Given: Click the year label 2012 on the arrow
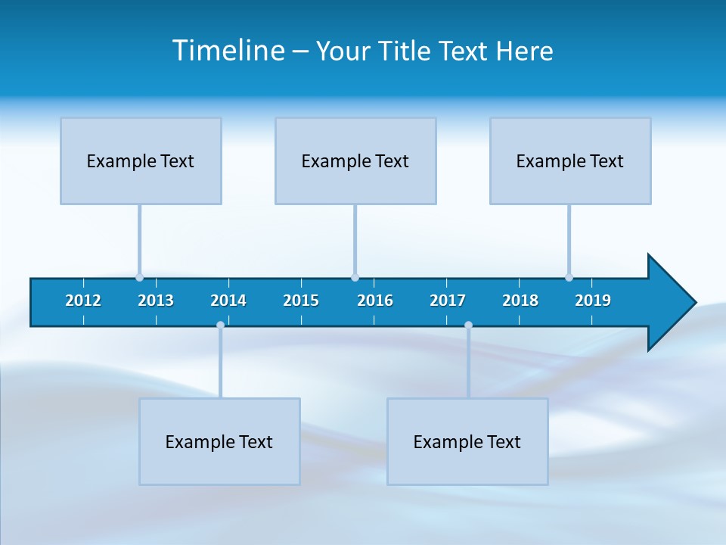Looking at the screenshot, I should point(83,301).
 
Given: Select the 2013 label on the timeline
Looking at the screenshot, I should point(156,301).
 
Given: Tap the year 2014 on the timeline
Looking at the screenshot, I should point(228,301).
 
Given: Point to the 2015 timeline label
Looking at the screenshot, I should point(301,301).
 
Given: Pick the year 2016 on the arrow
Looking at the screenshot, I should point(375,301).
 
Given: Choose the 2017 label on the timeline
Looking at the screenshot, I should point(448,301).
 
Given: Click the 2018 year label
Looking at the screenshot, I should point(520,301).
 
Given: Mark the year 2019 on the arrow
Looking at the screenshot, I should point(593,301).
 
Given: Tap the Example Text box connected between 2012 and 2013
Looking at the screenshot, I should point(141,160).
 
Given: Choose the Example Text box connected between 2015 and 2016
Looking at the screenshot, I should point(355,160).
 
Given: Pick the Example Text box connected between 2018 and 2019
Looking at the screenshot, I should point(570,160).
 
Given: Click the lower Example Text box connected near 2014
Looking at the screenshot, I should point(219,441).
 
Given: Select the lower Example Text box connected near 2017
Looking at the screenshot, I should point(467,441).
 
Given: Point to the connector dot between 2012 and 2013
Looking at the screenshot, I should point(139,278).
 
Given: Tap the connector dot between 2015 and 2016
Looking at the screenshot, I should point(355,278).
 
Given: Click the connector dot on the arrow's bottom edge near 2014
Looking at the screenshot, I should point(220,325).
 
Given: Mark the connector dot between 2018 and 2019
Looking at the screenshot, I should point(569,278).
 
